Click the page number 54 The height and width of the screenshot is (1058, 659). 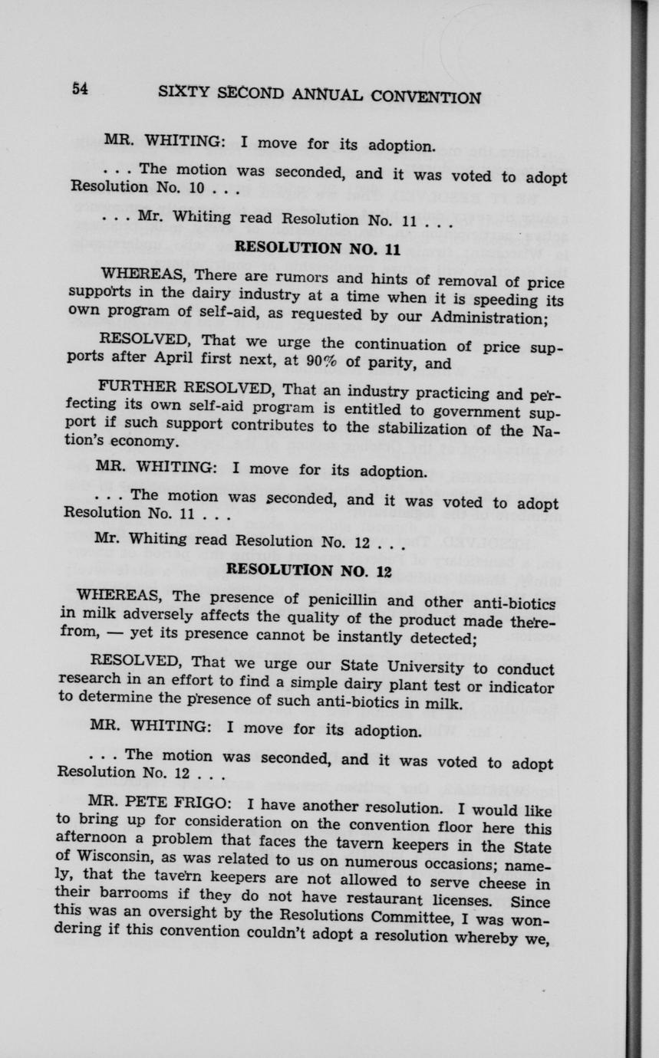(x=81, y=88)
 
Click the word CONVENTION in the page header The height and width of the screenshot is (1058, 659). (x=425, y=97)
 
